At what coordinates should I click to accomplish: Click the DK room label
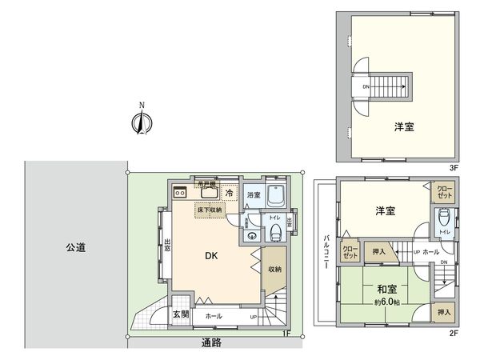click(x=210, y=256)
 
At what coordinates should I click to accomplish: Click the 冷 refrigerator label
click(x=230, y=193)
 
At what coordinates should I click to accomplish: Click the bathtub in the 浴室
click(x=277, y=195)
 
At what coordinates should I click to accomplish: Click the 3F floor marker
click(x=453, y=167)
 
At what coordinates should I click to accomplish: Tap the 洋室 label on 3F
click(x=404, y=127)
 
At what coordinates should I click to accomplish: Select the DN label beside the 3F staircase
click(x=366, y=86)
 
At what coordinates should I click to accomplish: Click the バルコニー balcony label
click(x=326, y=254)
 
